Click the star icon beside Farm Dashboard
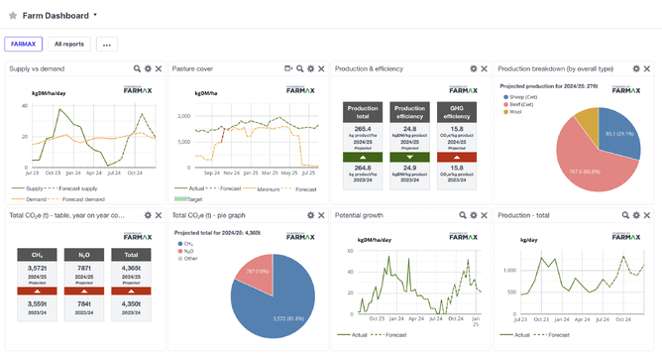pos(13,16)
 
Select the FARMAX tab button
pos(22,44)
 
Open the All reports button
pos(68,44)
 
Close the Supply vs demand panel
pos(159,68)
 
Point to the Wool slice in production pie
pos(586,123)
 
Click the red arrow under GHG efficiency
pos(457,157)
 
